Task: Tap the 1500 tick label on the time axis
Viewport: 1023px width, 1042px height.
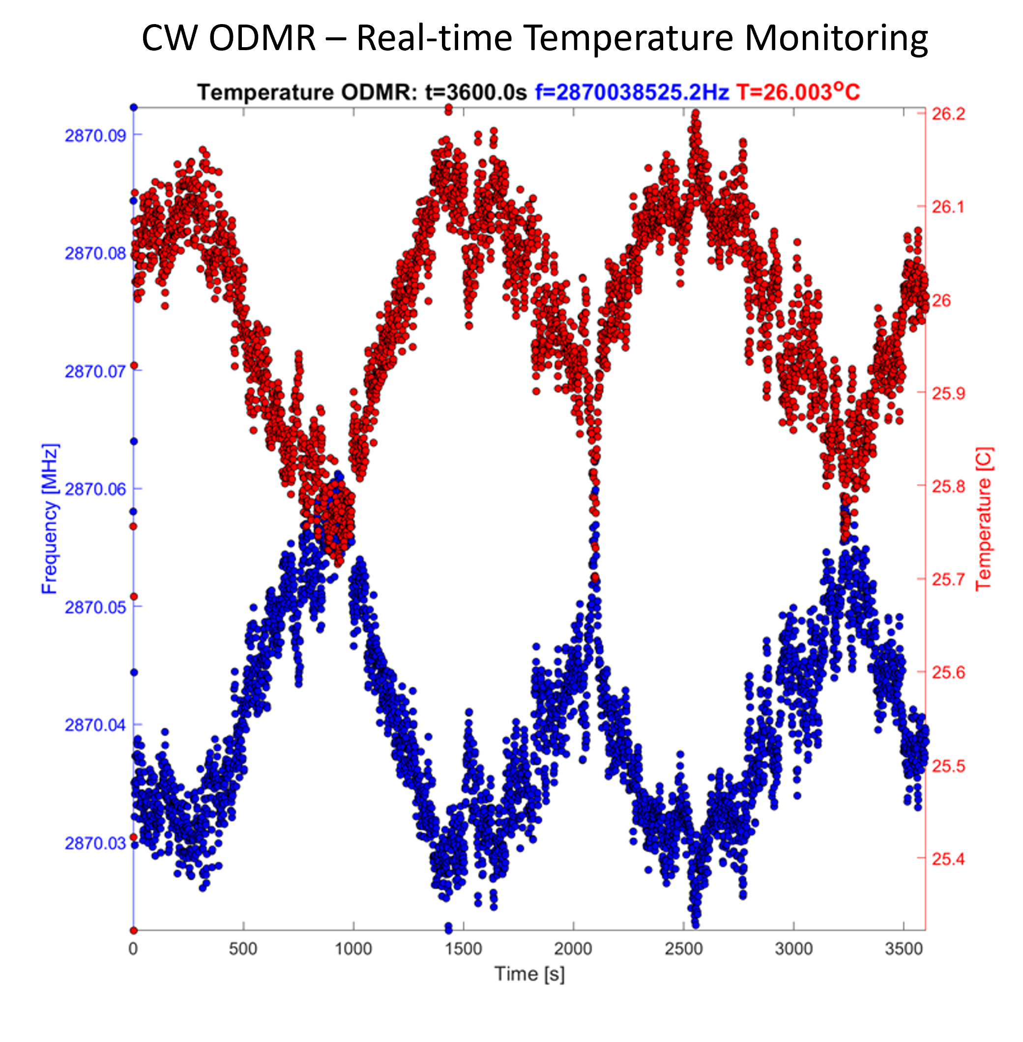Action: click(x=464, y=949)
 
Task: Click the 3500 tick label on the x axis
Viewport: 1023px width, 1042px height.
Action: click(x=904, y=949)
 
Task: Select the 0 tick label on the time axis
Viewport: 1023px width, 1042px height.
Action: click(x=133, y=949)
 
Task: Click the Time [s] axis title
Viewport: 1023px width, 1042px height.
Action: click(x=529, y=974)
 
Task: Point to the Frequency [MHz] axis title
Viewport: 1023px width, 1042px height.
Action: click(x=50, y=519)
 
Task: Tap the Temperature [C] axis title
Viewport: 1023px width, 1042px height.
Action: click(x=983, y=519)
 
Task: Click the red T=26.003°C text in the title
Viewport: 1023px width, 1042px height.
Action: click(x=797, y=92)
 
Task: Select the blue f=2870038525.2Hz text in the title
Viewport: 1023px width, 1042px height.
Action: click(x=631, y=92)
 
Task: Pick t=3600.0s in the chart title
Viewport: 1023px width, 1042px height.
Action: click(x=476, y=92)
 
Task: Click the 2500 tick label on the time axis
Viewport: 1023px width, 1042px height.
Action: click(x=683, y=949)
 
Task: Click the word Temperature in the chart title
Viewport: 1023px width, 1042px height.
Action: click(x=265, y=92)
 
